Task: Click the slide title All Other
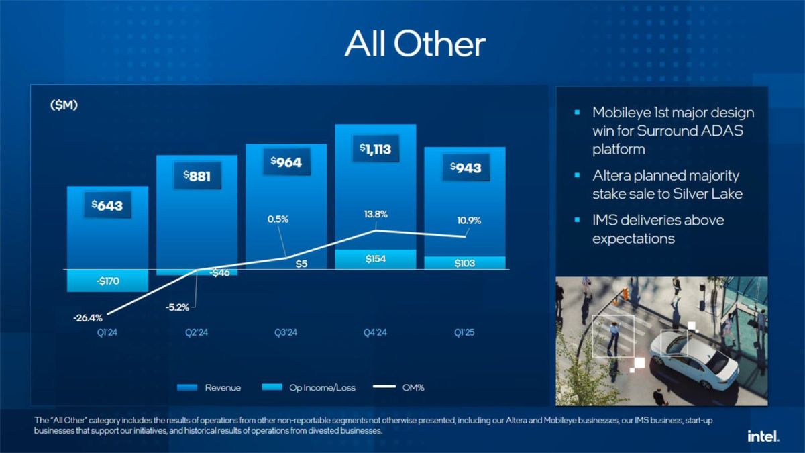(x=415, y=44)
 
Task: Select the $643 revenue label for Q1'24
(x=107, y=205)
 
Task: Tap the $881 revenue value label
(x=197, y=176)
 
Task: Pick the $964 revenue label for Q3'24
(x=286, y=162)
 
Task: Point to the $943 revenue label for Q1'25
(x=464, y=167)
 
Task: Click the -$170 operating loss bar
(x=107, y=281)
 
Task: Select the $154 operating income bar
(x=375, y=259)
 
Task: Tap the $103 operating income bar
(x=464, y=263)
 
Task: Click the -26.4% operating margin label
(x=88, y=317)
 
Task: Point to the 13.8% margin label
(x=375, y=214)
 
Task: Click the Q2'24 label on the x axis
(x=197, y=332)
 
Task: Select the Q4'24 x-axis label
(x=375, y=332)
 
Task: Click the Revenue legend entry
(x=209, y=387)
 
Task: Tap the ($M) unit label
(x=64, y=105)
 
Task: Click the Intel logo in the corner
(x=763, y=436)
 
